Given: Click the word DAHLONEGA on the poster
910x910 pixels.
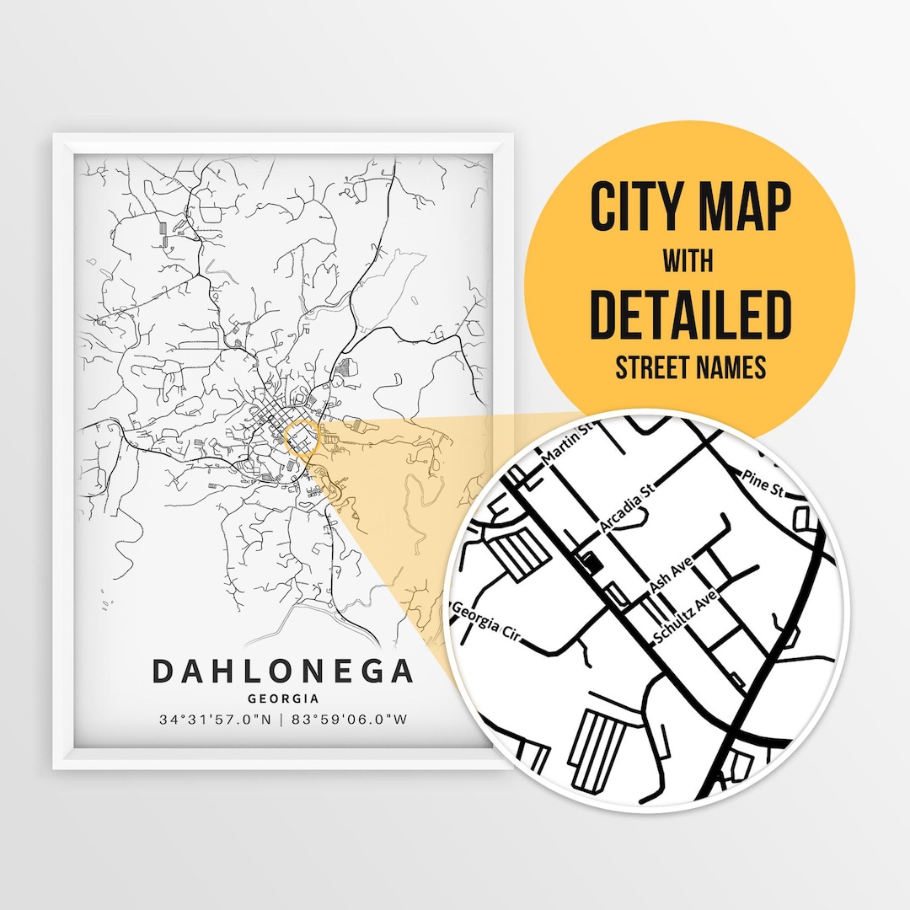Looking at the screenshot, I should pos(283,672).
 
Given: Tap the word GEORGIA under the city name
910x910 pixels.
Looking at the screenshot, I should pos(283,699).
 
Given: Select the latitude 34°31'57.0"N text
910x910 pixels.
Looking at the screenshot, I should pos(214,720).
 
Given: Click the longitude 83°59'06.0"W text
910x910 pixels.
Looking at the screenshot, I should pos(351,720).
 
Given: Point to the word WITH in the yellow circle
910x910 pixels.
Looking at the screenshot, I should pos(689,261).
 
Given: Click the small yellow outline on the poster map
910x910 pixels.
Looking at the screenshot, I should pos(300,438).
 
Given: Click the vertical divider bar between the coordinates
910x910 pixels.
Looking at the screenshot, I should pos(284,720).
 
